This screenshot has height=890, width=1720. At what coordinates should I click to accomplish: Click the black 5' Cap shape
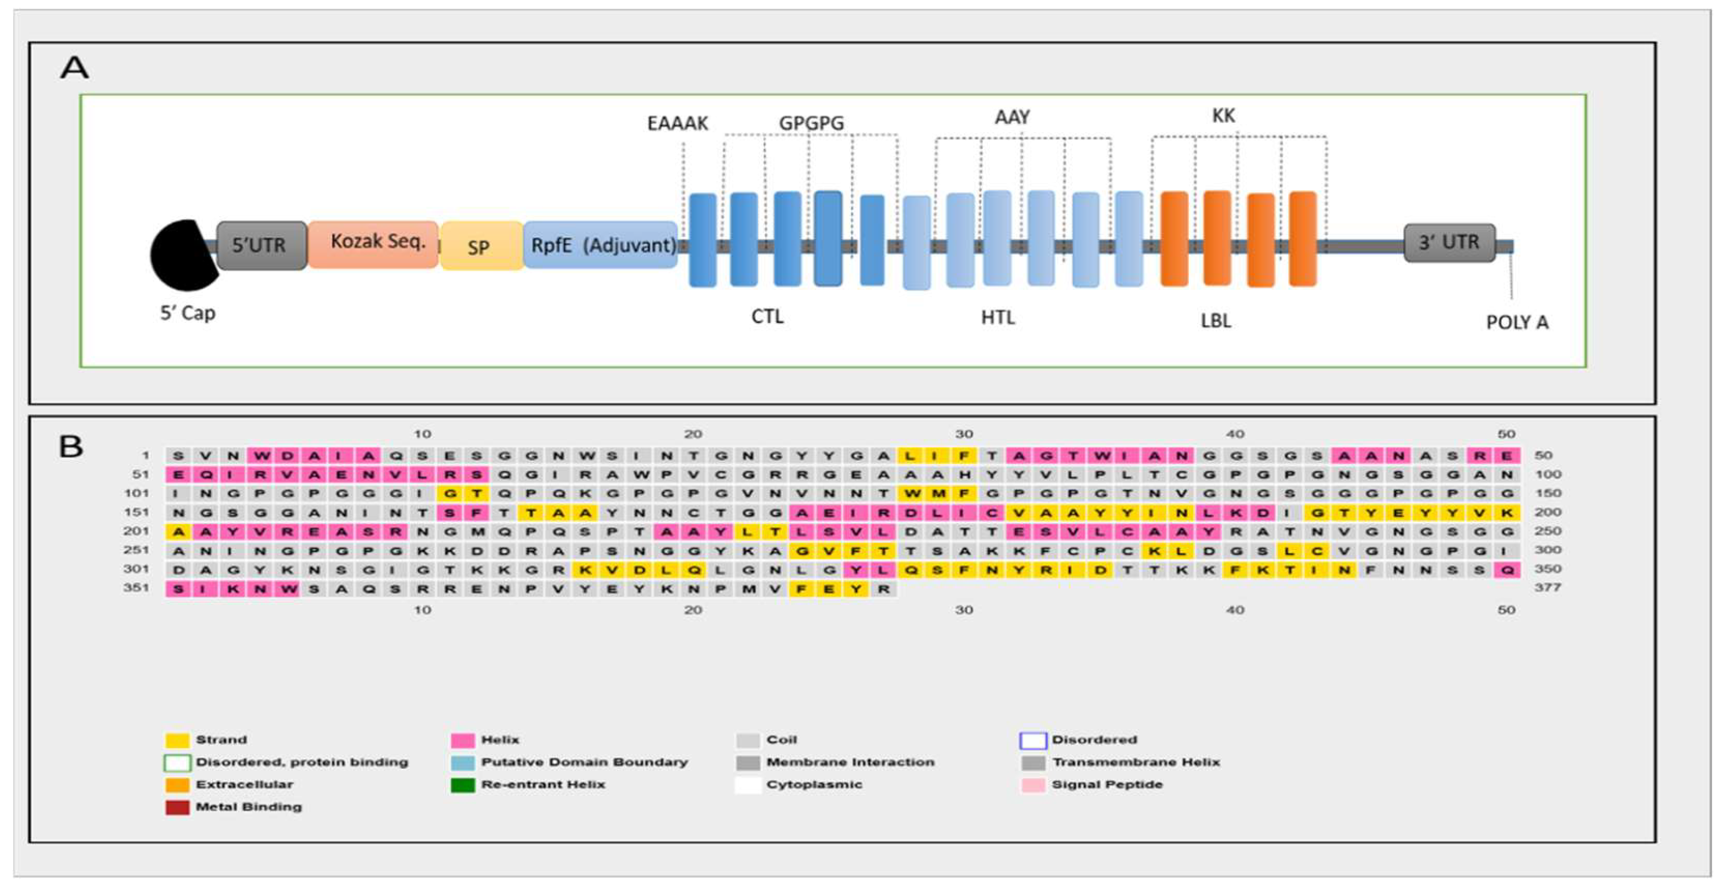pos(182,256)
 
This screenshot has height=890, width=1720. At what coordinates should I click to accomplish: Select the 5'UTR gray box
pos(261,245)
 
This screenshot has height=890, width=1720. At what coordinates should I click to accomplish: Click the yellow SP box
pos(480,246)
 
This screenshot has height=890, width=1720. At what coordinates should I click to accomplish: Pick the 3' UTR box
pos(1448,242)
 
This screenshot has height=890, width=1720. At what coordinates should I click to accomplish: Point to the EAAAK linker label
pos(677,123)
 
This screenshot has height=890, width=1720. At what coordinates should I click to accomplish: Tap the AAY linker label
pos(1012,117)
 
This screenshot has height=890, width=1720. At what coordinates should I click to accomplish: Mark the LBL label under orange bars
pos(1215,321)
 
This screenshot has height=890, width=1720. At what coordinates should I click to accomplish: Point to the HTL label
pos(998,318)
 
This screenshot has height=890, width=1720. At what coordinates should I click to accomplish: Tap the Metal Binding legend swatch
pos(177,807)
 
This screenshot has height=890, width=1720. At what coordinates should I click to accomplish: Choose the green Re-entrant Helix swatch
pos(463,785)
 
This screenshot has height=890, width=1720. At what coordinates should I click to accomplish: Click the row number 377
pos(1547,588)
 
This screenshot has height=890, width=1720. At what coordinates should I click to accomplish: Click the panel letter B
pos(72,447)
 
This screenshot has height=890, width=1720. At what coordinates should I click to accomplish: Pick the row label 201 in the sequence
pos(136,531)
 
